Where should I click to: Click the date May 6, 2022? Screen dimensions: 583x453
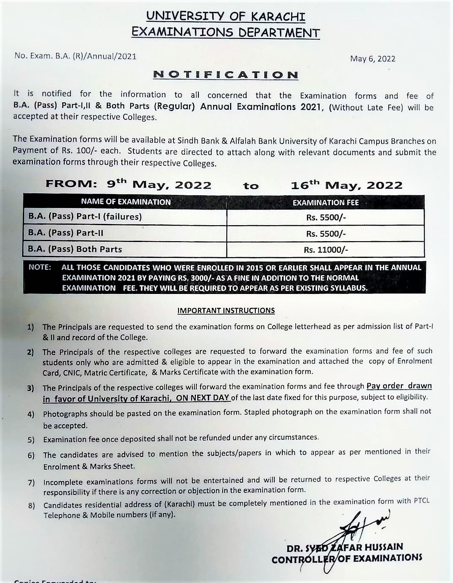pyautogui.click(x=372, y=59)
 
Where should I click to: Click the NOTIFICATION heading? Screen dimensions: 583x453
pyautogui.click(x=225, y=75)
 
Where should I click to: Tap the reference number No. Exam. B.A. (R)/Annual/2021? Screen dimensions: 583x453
pyautogui.click(x=75, y=56)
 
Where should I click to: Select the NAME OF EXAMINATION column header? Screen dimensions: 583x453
pyautogui.click(x=126, y=202)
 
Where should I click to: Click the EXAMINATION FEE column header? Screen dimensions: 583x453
pyautogui.click(x=326, y=202)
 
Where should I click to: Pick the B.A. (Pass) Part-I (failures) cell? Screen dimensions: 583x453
pyautogui.click(x=85, y=217)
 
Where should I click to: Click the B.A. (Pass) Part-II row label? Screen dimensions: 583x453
pyautogui.click(x=65, y=233)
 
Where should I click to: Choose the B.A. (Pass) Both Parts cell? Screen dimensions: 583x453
pyautogui.click(x=75, y=249)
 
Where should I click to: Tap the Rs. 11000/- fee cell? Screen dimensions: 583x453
pyautogui.click(x=326, y=250)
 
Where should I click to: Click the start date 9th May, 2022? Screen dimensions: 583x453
pyautogui.click(x=159, y=185)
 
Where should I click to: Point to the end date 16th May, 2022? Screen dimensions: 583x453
pyautogui.click(x=347, y=185)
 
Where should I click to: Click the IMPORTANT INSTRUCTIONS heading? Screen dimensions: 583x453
pyautogui.click(x=226, y=310)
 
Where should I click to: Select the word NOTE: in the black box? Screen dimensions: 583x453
pyautogui.click(x=40, y=267)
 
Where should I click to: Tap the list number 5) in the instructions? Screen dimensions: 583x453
pyautogui.click(x=31, y=440)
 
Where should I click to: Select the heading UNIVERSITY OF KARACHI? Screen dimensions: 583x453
pyautogui.click(x=226, y=17)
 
